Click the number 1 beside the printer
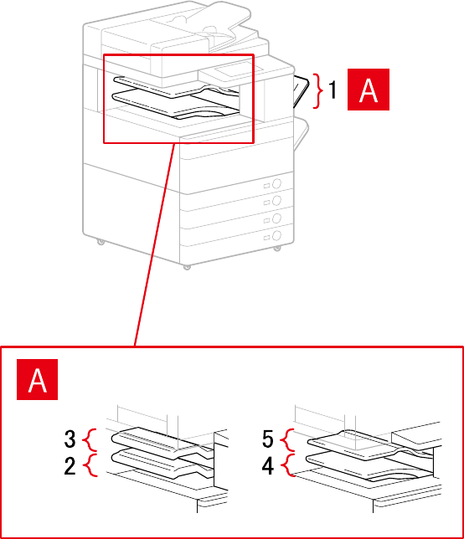point(332,90)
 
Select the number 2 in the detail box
point(70,466)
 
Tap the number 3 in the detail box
point(70,439)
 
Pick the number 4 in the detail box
point(268,466)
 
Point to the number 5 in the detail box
point(268,439)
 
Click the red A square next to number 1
point(369,90)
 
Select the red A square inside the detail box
point(37,379)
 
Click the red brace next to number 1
point(318,90)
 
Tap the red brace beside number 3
point(90,439)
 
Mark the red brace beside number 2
point(90,465)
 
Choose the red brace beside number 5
point(287,439)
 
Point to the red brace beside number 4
point(288,465)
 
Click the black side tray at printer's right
point(301,91)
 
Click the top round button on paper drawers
point(276,183)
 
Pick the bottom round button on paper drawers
point(276,236)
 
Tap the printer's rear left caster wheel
point(101,241)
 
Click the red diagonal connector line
point(155,244)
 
